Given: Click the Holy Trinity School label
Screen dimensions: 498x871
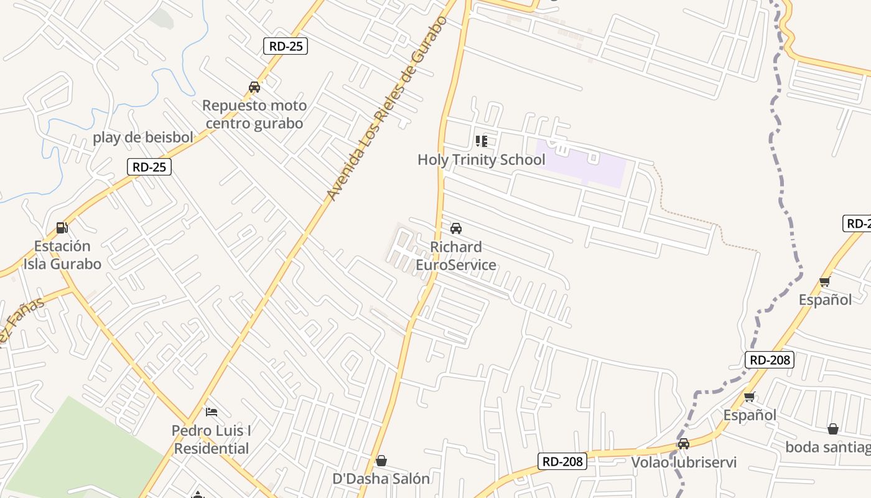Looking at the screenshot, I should (x=481, y=160).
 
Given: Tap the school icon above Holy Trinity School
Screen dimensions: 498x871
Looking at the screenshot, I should (x=481, y=141).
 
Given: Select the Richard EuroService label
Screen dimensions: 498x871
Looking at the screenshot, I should (x=456, y=256).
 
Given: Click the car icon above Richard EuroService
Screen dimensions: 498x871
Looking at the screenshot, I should (x=456, y=228).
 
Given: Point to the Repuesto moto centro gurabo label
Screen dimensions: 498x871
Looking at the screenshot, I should (x=254, y=115).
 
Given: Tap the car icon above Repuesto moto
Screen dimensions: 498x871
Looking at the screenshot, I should (x=254, y=87).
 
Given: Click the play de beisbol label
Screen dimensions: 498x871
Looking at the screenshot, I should (x=143, y=138).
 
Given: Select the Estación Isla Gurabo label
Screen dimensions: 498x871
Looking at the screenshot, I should (x=62, y=255).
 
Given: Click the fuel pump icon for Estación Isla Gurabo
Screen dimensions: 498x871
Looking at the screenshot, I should (x=62, y=228).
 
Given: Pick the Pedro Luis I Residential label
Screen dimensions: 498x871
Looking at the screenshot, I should (x=212, y=439).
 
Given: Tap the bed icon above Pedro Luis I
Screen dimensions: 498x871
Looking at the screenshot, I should (x=212, y=412).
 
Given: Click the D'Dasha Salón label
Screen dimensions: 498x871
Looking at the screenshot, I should (x=381, y=479).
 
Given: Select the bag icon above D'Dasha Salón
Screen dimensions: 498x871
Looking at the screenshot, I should (x=381, y=461).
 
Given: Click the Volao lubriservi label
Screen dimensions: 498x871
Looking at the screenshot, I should (x=684, y=463).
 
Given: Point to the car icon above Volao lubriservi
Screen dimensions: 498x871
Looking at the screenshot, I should (x=684, y=444).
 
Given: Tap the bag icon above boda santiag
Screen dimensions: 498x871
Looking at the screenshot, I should (x=832, y=429).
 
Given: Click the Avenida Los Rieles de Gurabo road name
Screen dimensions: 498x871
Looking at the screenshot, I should (x=387, y=109).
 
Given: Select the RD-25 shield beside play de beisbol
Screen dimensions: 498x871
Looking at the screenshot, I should (x=149, y=167).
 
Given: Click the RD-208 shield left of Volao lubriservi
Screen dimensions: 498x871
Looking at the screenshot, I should (x=562, y=461).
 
